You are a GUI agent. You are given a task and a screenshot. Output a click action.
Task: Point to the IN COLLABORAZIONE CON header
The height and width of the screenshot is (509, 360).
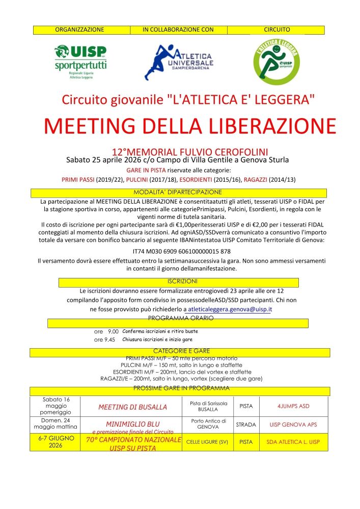[178, 30]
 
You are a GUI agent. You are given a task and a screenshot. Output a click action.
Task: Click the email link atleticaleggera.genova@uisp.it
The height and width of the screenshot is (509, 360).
[229, 309]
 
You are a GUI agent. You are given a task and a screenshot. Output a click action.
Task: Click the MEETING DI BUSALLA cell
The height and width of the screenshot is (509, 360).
[132, 407]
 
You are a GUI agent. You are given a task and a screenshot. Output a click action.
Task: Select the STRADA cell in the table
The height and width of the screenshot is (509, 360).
[245, 424]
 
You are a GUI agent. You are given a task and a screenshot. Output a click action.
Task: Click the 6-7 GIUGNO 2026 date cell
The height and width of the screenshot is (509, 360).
[56, 441]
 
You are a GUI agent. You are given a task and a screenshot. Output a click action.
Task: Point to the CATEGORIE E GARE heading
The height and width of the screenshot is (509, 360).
[181, 351]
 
